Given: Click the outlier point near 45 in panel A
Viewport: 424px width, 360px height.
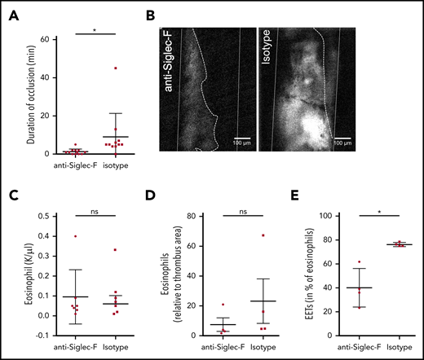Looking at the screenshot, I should pyautogui.click(x=116, y=68).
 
